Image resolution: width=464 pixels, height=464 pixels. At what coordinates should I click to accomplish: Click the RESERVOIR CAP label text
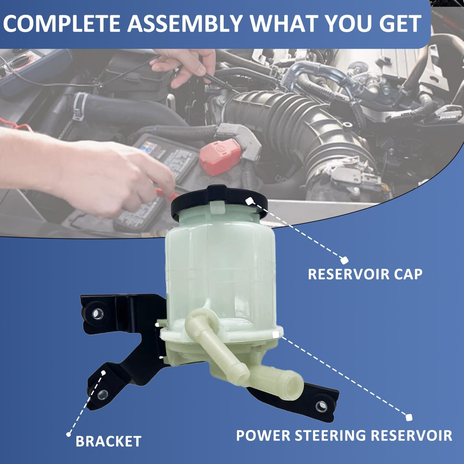pyautogui.click(x=365, y=274)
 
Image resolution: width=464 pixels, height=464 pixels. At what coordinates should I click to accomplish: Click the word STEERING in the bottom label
pyautogui.click(x=331, y=435)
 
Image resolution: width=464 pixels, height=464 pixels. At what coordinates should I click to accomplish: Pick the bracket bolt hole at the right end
pyautogui.click(x=322, y=406)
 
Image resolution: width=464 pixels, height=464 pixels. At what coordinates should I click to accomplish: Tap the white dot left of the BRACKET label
pyautogui.click(x=69, y=434)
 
